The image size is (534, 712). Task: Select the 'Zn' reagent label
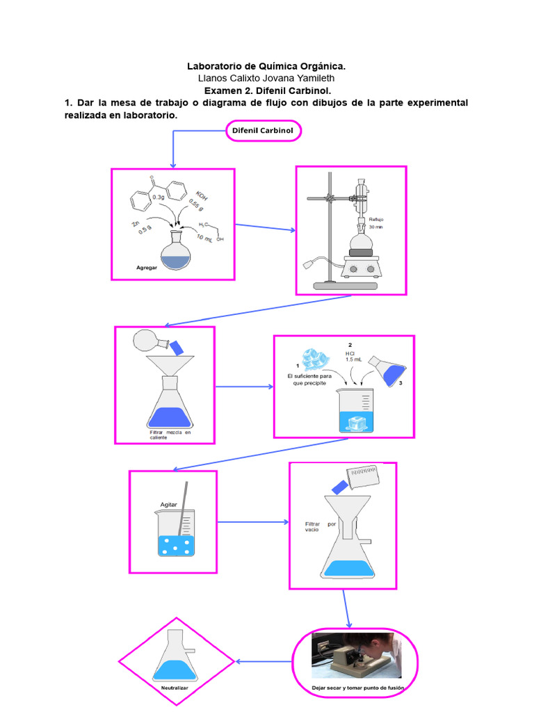click(x=136, y=224)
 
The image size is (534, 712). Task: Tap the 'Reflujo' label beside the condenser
click(x=377, y=218)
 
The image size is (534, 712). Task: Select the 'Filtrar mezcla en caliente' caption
click(x=170, y=435)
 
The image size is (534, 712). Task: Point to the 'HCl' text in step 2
click(x=350, y=353)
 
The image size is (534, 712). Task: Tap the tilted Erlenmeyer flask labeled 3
click(x=387, y=369)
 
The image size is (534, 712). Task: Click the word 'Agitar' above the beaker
click(x=170, y=505)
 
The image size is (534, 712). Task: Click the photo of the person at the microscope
click(x=356, y=655)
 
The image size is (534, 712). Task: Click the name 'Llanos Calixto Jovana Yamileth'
click(x=266, y=79)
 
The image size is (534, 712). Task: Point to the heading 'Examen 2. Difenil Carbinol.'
click(x=266, y=90)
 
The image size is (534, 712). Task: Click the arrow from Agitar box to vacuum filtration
click(x=253, y=521)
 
